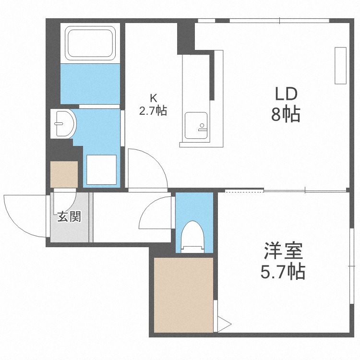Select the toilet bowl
tap(194, 236)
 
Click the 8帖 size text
tap(287, 115)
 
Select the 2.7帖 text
tap(153, 111)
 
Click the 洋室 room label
tap(283, 252)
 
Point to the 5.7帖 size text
tap(283, 273)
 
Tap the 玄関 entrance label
tap(69, 217)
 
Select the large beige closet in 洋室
tap(183, 294)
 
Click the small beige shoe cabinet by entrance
tap(64, 174)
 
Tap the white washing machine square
tap(101, 169)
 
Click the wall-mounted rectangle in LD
tap(340, 66)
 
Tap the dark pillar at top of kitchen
tap(185, 37)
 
